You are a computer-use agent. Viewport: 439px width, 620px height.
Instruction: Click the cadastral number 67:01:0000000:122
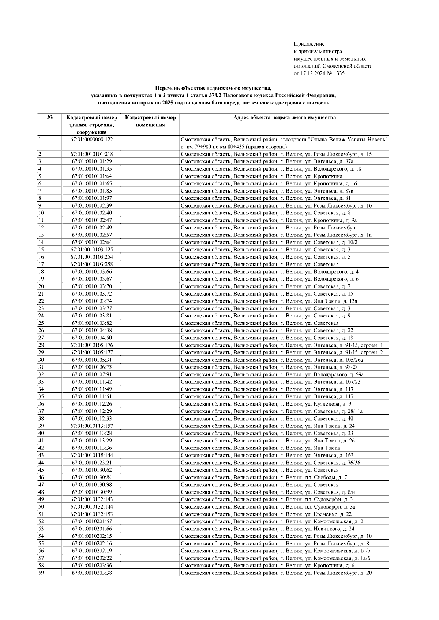coord(91,140)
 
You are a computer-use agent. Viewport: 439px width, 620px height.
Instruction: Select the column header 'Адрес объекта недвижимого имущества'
coord(284,118)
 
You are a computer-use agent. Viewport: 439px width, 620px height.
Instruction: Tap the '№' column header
coord(49,118)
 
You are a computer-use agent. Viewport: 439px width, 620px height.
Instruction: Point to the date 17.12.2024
coord(312,73)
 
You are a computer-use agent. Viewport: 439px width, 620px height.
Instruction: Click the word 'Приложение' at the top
coord(309,44)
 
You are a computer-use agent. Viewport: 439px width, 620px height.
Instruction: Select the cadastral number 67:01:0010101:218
coord(91,154)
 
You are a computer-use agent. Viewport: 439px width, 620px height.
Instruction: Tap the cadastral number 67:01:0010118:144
coord(91,455)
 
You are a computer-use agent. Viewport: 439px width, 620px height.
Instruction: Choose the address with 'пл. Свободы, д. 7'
coord(264,478)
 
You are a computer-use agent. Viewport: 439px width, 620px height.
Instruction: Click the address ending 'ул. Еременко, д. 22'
coord(266,514)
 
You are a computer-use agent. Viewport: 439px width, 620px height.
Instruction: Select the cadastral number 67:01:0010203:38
coord(91,573)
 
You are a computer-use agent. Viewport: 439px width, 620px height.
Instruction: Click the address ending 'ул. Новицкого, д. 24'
coord(267,529)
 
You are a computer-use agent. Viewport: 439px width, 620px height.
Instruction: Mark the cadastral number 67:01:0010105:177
coord(91,353)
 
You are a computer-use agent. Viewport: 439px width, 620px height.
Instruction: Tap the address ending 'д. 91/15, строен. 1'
coord(282,345)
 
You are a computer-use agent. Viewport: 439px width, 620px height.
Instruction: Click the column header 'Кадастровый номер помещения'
coord(150,121)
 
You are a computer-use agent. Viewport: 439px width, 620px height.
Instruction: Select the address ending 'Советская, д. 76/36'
coord(270,463)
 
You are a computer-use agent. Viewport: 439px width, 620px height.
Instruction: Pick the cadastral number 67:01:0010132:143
coord(91,499)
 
